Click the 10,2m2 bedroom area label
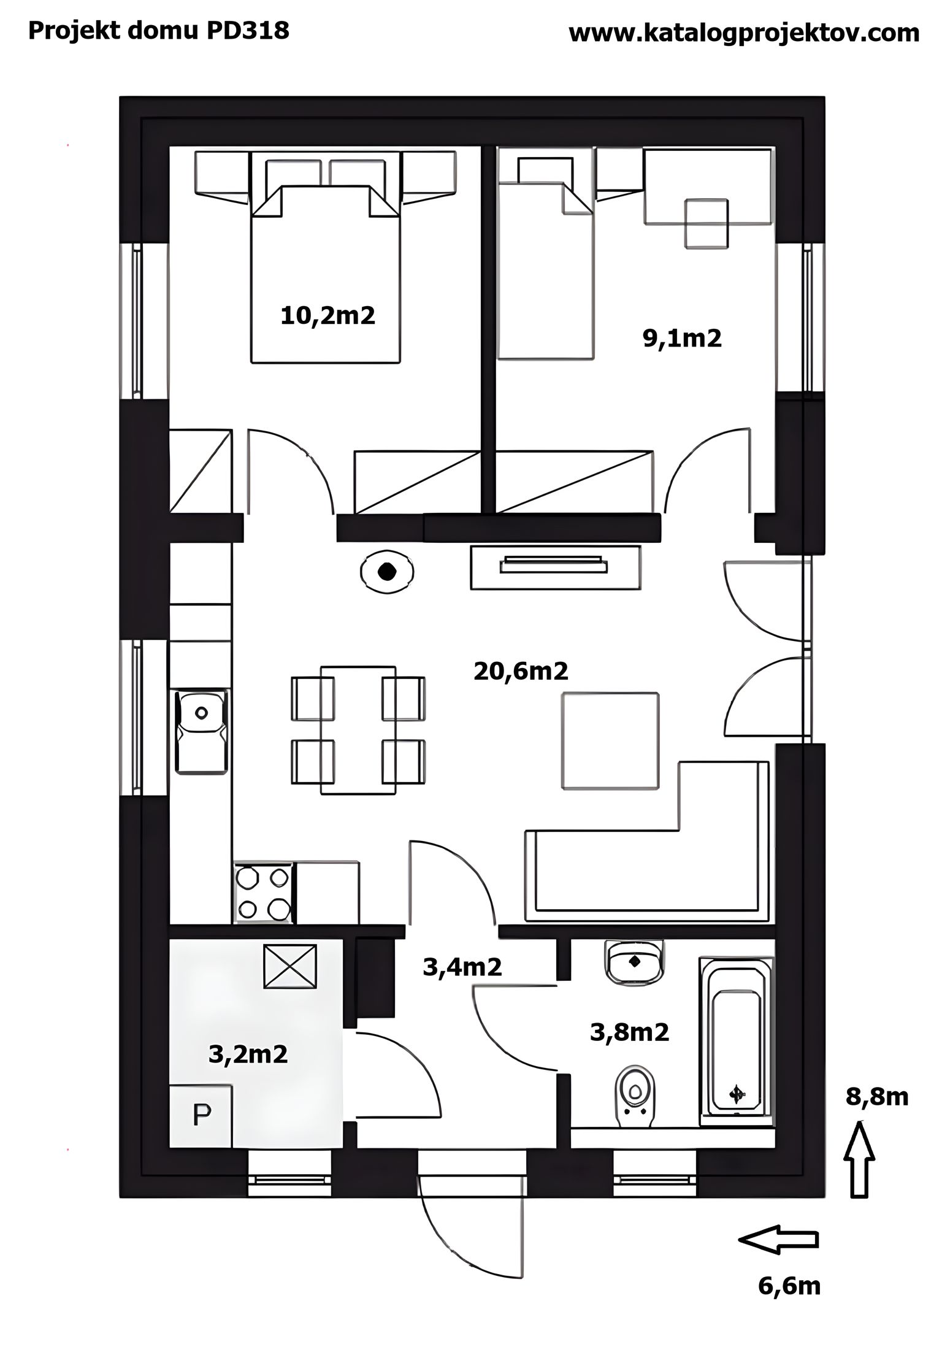pyautogui.click(x=327, y=316)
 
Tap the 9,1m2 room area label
pyautogui.click(x=682, y=338)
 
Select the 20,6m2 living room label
pyautogui.click(x=521, y=671)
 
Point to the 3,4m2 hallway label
pyautogui.click(x=462, y=967)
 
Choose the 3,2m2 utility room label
pyautogui.click(x=248, y=1054)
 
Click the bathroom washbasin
pyautogui.click(x=634, y=961)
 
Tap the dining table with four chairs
pyautogui.click(x=358, y=730)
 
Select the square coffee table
pyautogui.click(x=610, y=740)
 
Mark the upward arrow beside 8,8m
pyautogui.click(x=861, y=1159)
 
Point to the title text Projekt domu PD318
pyautogui.click(x=159, y=31)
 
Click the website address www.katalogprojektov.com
pyautogui.click(x=744, y=33)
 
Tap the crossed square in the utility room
pyautogui.click(x=290, y=967)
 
